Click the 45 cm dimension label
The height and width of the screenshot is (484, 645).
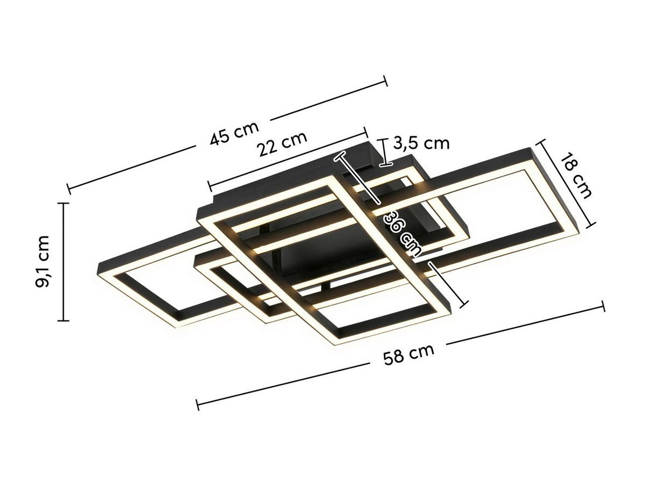(234, 133)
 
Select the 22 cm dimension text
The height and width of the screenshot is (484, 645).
(282, 143)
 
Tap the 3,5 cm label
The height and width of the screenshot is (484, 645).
(421, 143)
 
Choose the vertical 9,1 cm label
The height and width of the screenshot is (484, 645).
(43, 261)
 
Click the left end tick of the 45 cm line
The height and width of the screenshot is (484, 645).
(68, 189)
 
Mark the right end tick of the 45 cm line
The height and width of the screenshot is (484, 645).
(385, 81)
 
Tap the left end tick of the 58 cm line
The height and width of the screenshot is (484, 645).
(198, 404)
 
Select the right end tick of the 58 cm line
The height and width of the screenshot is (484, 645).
(603, 306)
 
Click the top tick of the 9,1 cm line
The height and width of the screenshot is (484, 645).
(63, 204)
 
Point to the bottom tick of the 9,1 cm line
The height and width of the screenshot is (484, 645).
(63, 321)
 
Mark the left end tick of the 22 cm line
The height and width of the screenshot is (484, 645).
(210, 186)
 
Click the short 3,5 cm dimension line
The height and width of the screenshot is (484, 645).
(383, 152)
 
